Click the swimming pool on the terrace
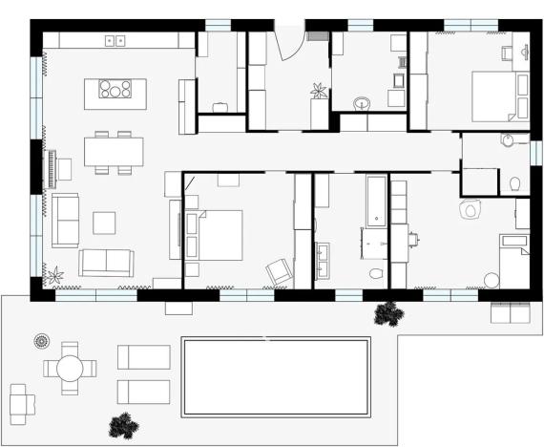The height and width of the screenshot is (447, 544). tap(276, 376)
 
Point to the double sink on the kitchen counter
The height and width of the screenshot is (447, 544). tap(115, 41)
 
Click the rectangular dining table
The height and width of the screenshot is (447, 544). tap(114, 151)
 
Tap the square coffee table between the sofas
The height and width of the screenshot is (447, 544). tap(104, 223)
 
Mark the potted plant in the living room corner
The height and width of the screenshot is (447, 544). tap(53, 276)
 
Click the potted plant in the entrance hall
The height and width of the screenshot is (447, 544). tap(318, 91)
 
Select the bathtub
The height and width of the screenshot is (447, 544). tap(376, 200)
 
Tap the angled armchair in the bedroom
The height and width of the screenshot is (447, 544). tap(279, 271)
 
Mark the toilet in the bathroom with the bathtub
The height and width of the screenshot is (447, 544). tap(375, 274)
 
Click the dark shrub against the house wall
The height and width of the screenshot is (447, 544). tap(387, 312)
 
